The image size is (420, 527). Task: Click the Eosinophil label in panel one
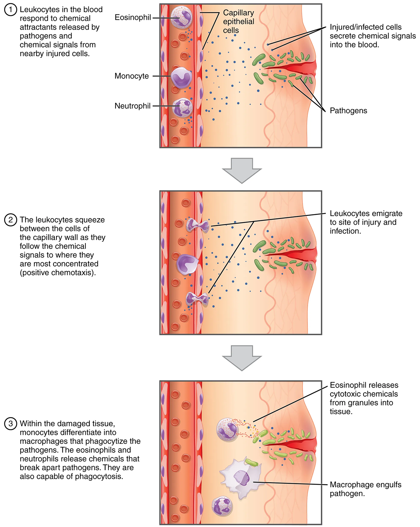click(133, 17)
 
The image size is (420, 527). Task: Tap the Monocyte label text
click(132, 76)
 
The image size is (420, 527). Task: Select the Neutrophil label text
click(132, 106)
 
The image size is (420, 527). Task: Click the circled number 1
click(10, 10)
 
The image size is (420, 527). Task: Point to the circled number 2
click(10, 220)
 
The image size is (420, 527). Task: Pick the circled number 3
click(10, 423)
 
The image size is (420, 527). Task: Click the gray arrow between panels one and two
click(242, 170)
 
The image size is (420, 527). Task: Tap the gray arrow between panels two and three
click(242, 358)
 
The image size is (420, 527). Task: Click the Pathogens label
click(348, 111)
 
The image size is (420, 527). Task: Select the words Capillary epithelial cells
click(239, 22)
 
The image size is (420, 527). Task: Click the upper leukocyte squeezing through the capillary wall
click(198, 225)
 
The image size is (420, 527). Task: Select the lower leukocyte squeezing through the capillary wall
click(197, 298)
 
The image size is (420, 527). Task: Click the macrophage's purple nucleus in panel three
click(242, 478)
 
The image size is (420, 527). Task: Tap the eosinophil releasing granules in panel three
click(227, 430)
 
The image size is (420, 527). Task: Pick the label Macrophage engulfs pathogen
click(365, 489)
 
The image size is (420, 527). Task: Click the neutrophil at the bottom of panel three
click(222, 506)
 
